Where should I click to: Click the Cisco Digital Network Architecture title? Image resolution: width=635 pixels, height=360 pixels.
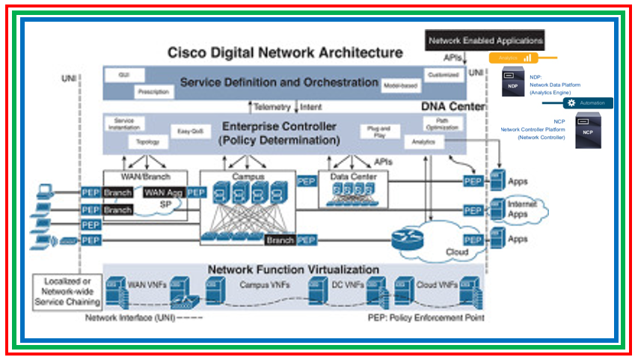pos(284,53)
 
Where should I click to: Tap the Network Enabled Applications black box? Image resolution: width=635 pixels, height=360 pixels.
pos(485,40)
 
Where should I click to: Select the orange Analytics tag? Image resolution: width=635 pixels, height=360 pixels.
pos(512,58)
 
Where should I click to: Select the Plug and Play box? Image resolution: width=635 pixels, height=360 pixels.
pos(378,130)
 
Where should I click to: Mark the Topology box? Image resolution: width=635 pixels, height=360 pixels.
pos(147,141)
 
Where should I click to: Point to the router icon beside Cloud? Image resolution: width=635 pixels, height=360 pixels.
pos(407,240)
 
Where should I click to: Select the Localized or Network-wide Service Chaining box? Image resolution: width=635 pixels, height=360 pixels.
pos(67,292)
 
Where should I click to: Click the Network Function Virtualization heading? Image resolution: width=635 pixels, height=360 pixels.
pos(293,269)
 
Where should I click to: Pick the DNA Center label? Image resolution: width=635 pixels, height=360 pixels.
pos(453,107)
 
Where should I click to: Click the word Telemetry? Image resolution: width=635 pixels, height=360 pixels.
pos(272,107)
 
